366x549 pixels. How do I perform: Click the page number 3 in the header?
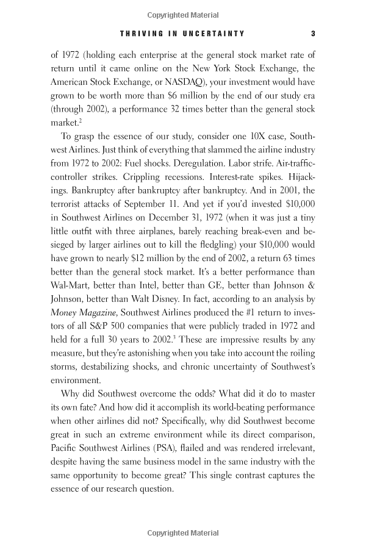point(312,34)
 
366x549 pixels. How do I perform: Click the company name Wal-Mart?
point(70,324)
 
